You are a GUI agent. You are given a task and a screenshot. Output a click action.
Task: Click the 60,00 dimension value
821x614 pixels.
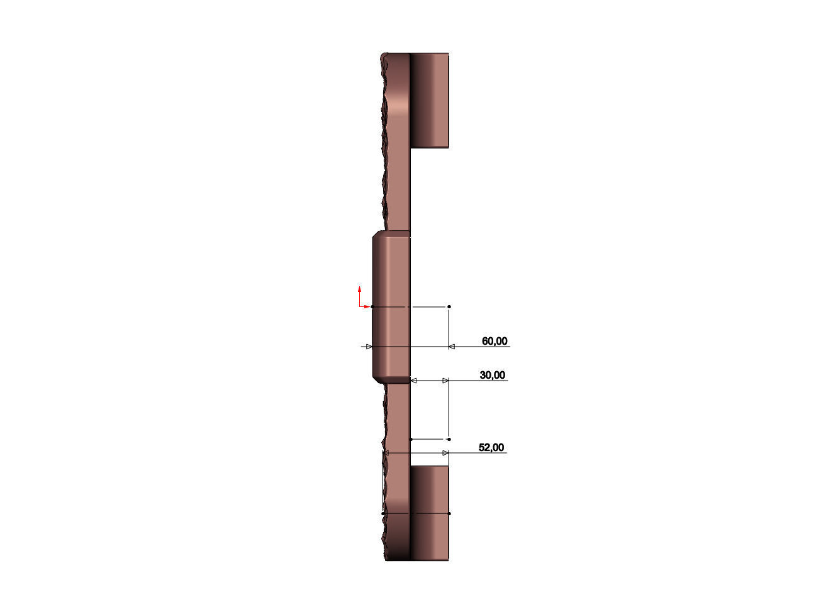coord(494,342)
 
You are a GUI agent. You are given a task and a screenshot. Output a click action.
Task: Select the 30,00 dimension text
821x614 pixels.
coord(492,376)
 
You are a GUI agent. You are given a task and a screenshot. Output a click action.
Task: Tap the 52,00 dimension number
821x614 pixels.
coord(491,448)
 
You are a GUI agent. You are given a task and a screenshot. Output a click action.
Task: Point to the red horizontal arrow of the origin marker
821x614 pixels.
coord(366,306)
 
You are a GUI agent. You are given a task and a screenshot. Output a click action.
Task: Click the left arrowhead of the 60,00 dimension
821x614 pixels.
coord(369,347)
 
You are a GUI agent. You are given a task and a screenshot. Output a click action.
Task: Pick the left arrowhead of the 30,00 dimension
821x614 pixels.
coord(413,381)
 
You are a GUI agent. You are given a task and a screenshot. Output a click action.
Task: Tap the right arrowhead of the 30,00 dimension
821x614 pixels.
coord(445,381)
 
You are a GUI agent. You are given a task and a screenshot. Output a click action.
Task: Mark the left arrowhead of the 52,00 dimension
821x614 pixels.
coord(386,453)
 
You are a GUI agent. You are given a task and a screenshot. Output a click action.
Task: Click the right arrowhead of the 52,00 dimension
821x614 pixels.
coord(445,453)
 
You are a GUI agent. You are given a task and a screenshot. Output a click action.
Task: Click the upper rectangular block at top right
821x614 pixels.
coord(430,101)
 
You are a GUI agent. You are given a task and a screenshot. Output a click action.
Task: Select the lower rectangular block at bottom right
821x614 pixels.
coord(430,513)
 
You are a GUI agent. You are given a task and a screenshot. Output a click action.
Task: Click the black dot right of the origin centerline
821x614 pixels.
coord(449,306)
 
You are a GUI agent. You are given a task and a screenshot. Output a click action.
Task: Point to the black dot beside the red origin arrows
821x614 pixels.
coord(372,306)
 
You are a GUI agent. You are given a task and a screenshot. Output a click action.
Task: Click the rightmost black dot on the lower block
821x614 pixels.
coord(449,513)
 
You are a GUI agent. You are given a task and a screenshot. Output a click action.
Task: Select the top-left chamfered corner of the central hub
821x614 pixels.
coord(376,235)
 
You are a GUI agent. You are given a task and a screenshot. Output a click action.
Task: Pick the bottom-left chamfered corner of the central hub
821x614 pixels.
coord(376,379)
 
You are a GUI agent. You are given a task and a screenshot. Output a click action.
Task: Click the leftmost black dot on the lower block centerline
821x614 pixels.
coord(383,513)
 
